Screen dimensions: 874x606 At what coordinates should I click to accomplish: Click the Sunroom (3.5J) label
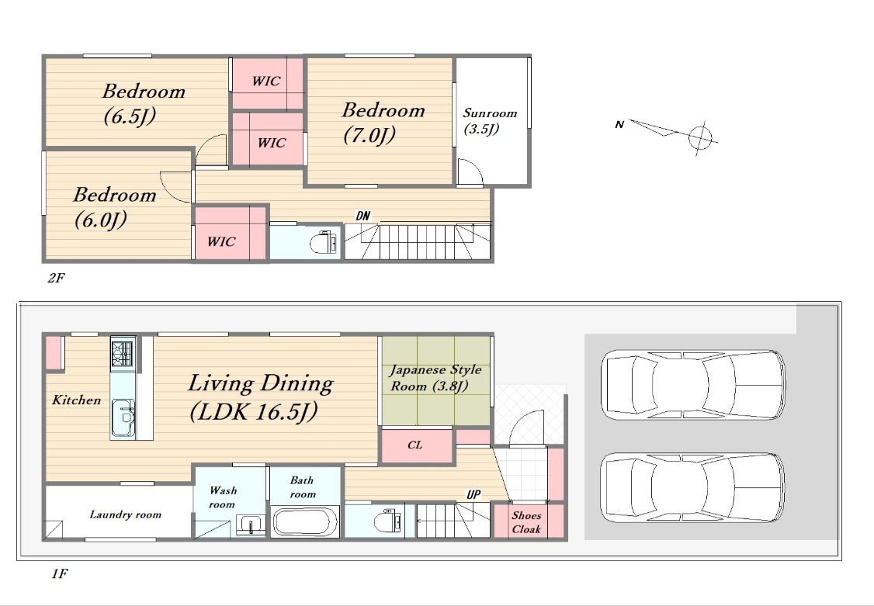tap(491, 121)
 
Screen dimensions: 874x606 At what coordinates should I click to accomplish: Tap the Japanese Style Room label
tap(435, 378)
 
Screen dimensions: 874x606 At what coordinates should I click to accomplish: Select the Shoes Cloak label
tap(526, 522)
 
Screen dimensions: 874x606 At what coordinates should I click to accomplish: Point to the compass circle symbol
tap(700, 137)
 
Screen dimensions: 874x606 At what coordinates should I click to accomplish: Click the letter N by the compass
tap(619, 124)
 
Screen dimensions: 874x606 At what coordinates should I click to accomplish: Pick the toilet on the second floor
tap(324, 242)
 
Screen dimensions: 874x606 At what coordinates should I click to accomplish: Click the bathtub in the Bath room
tap(305, 521)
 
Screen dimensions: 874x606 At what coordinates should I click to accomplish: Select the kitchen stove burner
tap(123, 352)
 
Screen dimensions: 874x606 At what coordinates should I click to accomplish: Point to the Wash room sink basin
tap(251, 525)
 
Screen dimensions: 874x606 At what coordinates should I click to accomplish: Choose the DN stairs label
tap(362, 216)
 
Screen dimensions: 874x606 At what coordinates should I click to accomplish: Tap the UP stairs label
tap(473, 494)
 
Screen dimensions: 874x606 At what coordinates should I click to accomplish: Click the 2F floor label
tap(57, 278)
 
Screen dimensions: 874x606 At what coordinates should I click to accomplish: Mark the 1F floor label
tap(60, 573)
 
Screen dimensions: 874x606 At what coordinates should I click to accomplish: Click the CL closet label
tap(414, 445)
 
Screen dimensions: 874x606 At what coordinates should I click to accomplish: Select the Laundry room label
tap(126, 514)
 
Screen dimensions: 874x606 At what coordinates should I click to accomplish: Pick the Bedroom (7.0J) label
tap(383, 122)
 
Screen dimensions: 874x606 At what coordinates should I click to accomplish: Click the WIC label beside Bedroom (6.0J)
tap(221, 241)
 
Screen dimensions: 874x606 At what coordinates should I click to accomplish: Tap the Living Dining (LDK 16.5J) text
tap(261, 398)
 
